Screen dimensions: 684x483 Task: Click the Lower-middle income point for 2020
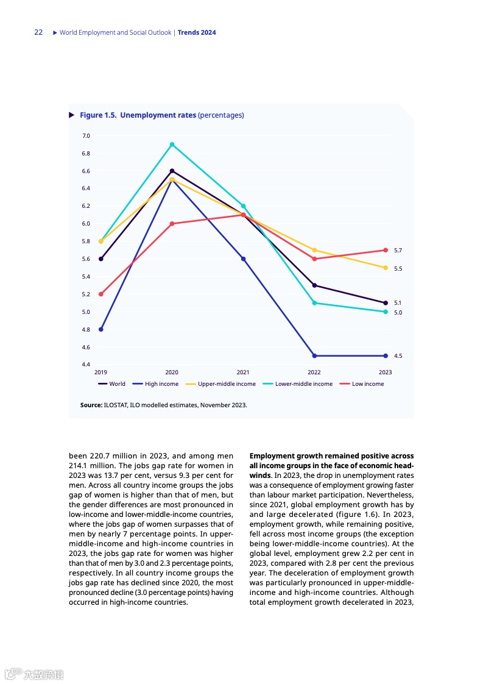tap(172, 144)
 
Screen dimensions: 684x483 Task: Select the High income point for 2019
tap(101, 329)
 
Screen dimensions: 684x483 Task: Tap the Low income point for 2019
tap(101, 294)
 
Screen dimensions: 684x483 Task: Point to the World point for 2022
tap(314, 285)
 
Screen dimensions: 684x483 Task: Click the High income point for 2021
tap(243, 259)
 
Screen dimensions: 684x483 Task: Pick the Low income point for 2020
tap(172, 224)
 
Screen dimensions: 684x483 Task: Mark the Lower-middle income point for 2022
tap(314, 303)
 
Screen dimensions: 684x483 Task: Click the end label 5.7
tap(398, 251)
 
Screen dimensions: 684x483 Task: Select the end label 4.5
tap(398, 356)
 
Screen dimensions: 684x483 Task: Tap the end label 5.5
tap(398, 269)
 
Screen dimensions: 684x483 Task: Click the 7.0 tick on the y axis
tap(86, 136)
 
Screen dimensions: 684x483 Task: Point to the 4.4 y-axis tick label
tap(86, 365)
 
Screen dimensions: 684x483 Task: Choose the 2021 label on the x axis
tap(243, 372)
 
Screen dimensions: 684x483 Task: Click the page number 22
tap(38, 32)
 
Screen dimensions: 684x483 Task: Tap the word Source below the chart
tap(91, 405)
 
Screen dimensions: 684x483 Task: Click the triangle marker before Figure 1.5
tap(72, 115)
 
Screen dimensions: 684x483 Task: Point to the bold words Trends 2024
tap(197, 32)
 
